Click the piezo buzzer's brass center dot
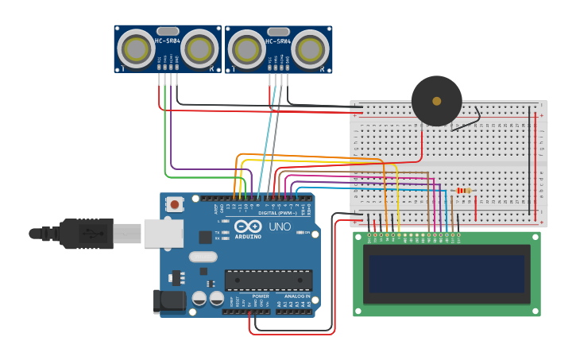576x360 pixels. coord(436,101)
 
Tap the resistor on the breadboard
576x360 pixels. coord(464,190)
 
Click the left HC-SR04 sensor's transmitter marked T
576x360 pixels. coord(136,49)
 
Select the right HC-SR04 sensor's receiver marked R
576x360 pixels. coord(310,50)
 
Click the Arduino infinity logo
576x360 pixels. coord(247,226)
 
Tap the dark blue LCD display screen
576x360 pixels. coord(445,273)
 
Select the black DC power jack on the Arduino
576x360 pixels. coord(168,301)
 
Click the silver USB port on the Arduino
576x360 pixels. coord(163,234)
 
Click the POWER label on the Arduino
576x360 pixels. coord(261,296)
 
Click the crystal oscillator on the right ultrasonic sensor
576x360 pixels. coord(279,31)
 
